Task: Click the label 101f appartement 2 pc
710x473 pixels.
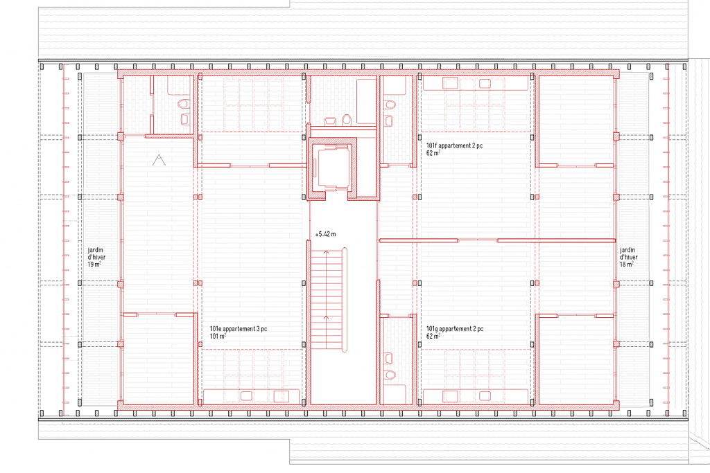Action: click(455, 146)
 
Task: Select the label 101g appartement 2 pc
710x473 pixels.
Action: click(455, 329)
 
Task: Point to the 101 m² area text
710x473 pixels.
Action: click(218, 337)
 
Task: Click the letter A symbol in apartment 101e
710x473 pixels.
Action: click(159, 161)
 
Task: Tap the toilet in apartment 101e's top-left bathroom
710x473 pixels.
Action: click(183, 105)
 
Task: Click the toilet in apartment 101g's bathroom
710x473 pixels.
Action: click(390, 375)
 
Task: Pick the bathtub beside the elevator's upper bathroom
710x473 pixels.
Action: click(365, 101)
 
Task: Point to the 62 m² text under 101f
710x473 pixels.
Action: click(433, 154)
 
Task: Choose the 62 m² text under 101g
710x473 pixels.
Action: click(433, 337)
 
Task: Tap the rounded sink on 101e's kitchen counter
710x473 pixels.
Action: click(245, 396)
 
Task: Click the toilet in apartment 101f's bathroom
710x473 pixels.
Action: click(390, 105)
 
